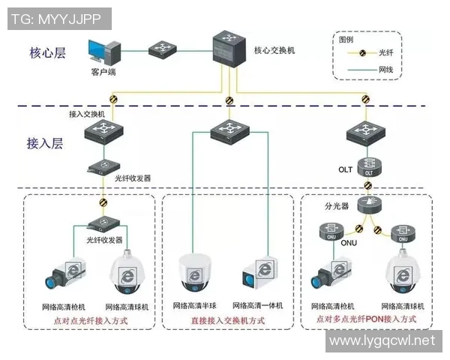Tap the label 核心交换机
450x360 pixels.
click(x=274, y=50)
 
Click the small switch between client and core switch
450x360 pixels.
click(x=161, y=50)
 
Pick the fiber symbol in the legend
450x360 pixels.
click(x=361, y=52)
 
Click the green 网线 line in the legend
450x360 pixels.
click(x=361, y=69)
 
